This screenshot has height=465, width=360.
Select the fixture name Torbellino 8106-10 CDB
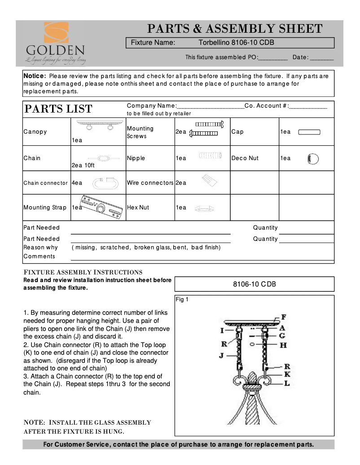click(237, 43)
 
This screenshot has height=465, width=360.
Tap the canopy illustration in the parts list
click(99, 125)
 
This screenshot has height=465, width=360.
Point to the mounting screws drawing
click(207, 128)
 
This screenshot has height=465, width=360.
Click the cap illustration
click(309, 132)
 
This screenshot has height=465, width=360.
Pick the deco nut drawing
click(312, 158)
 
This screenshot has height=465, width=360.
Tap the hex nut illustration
click(204, 208)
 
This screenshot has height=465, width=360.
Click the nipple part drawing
click(210, 156)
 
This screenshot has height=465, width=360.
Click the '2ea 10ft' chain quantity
click(84, 165)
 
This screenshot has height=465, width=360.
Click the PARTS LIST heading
click(58, 109)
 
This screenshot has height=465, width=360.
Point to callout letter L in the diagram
click(287, 384)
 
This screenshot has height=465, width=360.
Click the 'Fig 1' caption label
click(182, 300)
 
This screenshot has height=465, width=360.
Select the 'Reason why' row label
click(40, 248)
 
